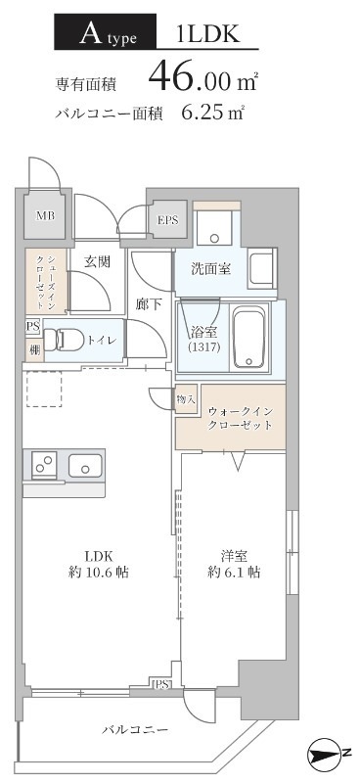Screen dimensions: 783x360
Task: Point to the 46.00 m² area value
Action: pos(196,75)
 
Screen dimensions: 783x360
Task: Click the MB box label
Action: pos(45,216)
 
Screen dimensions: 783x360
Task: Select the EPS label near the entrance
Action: pos(167,221)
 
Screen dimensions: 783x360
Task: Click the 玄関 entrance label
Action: pos(96,261)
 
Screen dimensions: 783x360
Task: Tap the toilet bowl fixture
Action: pos(67,340)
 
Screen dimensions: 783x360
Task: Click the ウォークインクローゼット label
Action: pos(232,420)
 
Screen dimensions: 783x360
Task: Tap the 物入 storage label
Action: pos(186,398)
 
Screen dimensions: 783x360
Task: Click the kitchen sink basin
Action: pos(86,466)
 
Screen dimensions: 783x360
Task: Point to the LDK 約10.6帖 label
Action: pos(92,564)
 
